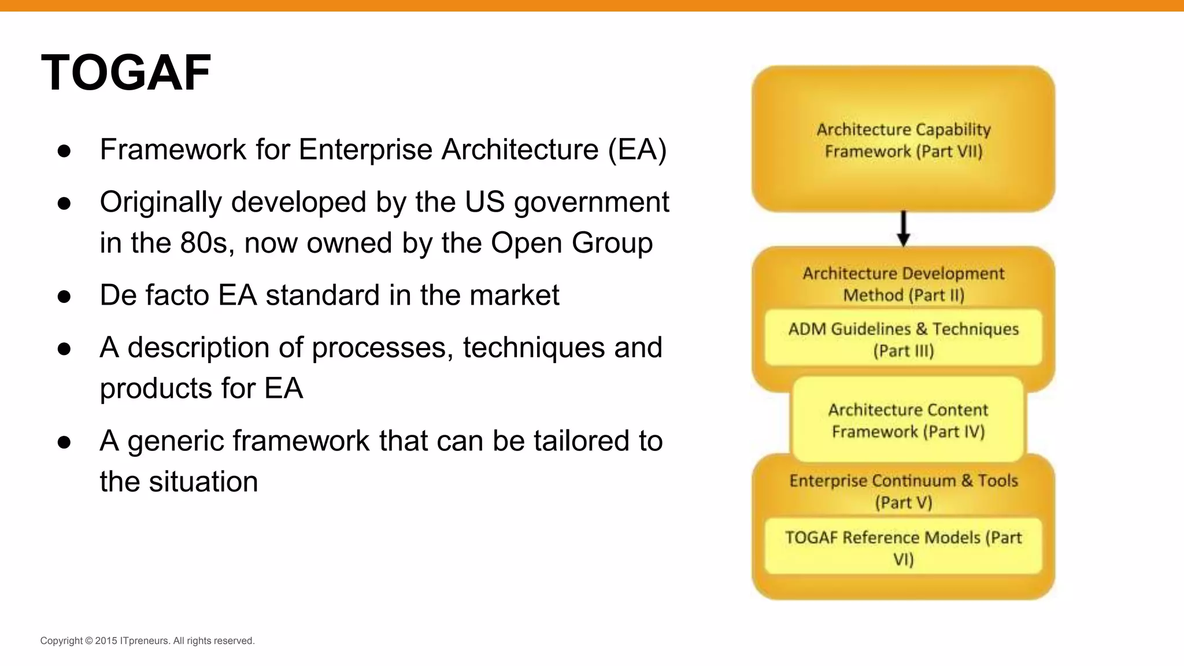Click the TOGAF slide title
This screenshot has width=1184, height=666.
tap(126, 73)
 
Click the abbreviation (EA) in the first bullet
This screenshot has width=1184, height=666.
tap(637, 150)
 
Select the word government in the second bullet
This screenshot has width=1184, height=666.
tap(591, 202)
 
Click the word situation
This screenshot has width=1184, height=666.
tap(203, 482)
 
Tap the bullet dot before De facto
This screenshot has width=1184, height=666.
tap(64, 297)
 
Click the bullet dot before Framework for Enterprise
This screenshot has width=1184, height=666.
tap(64, 151)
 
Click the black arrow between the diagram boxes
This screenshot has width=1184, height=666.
tap(903, 229)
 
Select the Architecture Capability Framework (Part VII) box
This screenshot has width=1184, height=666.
tap(903, 139)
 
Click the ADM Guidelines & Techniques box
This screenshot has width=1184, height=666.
tap(903, 339)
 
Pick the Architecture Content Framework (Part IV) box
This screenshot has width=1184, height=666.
tap(908, 420)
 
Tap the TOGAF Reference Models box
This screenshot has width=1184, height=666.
tap(903, 547)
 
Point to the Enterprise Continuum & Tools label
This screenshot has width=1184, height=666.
tap(903, 491)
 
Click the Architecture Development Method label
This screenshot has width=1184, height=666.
tap(903, 284)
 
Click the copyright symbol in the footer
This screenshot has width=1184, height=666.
tap(89, 641)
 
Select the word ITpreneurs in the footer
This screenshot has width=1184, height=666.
tap(145, 641)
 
